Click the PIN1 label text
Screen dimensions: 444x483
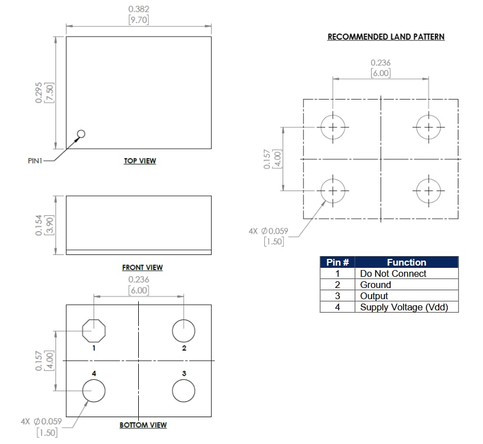[35, 161]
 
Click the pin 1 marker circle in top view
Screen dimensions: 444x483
[81, 134]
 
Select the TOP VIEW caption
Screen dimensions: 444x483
[140, 161]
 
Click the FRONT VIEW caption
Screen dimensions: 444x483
[142, 268]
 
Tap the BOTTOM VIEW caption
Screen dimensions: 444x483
[143, 425]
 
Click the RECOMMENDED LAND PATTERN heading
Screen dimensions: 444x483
[386, 37]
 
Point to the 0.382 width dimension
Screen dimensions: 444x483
[139, 10]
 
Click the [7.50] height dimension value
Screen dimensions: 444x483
[50, 91]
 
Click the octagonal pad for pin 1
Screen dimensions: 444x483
[93, 330]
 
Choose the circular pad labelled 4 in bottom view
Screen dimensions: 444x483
[93, 391]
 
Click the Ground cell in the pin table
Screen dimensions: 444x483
[376, 285]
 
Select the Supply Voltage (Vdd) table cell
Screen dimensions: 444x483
[404, 307]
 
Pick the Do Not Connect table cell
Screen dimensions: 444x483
[393, 273]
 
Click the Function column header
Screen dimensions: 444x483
[406, 262]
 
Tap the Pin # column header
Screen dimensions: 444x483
[337, 262]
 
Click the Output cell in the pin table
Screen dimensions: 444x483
[374, 296]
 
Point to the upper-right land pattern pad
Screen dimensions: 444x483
[429, 127]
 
